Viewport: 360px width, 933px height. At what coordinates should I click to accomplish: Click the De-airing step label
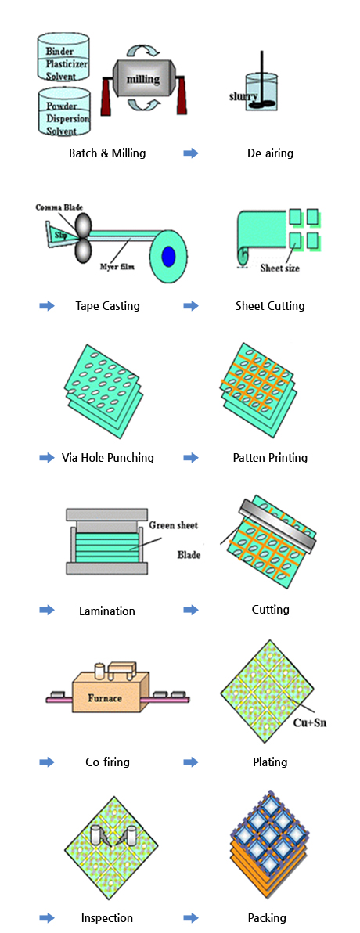270,153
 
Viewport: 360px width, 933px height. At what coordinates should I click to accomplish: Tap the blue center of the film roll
169,256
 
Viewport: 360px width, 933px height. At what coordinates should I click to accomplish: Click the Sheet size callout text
279,268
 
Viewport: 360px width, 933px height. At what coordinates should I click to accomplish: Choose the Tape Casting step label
108,306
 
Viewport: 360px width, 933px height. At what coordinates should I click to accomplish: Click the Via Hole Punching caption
108,458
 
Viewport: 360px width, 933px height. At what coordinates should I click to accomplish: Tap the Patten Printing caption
270,458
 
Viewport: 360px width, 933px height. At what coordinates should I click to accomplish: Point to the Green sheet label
173,525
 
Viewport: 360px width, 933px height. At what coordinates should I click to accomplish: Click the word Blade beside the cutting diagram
189,556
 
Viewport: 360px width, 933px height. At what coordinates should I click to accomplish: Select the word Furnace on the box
105,696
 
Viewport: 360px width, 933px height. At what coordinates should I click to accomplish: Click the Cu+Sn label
311,723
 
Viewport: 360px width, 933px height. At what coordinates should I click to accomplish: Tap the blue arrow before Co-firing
47,762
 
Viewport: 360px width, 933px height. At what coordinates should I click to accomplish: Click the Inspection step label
107,918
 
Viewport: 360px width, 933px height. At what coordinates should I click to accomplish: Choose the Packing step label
267,918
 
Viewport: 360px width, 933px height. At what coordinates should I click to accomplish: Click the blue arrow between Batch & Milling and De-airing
190,153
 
